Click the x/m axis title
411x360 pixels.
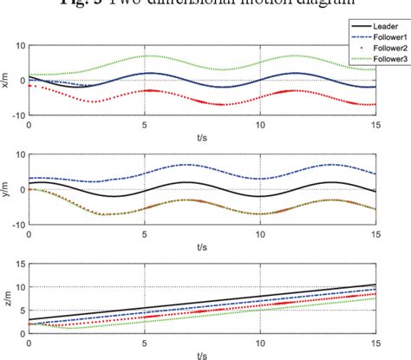8,81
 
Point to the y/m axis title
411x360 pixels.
8,189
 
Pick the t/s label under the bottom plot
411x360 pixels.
201,354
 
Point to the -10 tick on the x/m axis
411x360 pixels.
16,115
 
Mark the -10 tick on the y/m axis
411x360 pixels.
16,223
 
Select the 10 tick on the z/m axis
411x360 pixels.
18,287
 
